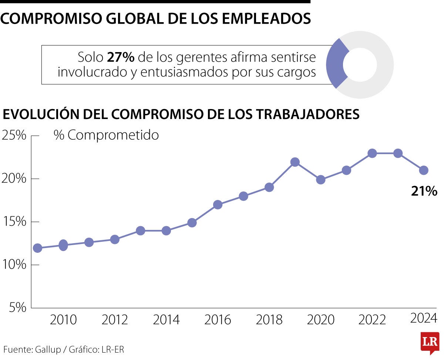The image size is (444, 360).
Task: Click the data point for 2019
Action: point(295,162)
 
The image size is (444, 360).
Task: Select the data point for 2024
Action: point(424,170)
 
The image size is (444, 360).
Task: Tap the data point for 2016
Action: point(218,205)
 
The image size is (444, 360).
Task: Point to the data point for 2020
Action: point(321,180)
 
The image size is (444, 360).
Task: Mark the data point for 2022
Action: point(372,153)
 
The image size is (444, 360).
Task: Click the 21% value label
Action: point(424,191)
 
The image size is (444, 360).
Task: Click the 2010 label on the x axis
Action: point(63,320)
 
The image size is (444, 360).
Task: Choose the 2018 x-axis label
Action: point(269,320)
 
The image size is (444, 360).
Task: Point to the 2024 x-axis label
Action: point(424,318)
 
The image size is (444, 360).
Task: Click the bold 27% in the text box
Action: point(120,57)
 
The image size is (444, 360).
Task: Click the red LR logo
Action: point(430,342)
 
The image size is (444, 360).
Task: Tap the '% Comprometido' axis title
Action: point(106,135)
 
